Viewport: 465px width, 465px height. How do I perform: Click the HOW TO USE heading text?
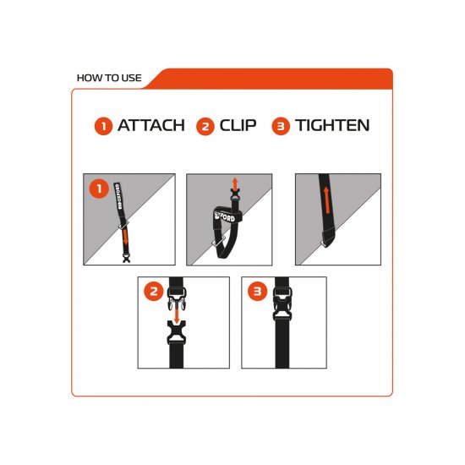108,78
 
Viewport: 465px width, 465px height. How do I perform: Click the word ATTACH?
150,126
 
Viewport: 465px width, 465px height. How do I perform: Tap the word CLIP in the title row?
238,126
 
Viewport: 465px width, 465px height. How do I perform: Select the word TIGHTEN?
332,126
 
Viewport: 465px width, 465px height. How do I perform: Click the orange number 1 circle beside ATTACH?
103,126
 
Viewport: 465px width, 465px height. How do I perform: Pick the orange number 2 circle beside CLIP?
204,126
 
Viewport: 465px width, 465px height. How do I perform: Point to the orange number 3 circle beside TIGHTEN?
281,126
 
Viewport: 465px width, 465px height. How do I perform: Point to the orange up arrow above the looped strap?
235,184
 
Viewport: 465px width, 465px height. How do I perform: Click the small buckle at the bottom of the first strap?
125,256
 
